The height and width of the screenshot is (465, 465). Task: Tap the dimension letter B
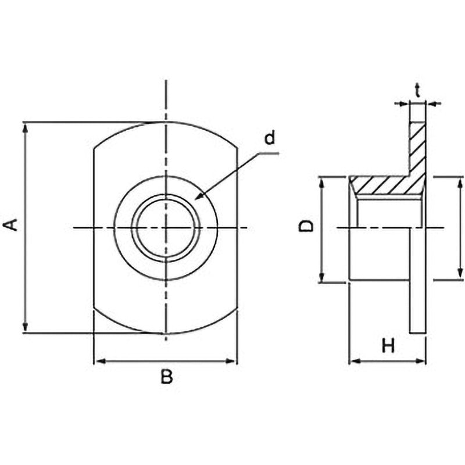167,377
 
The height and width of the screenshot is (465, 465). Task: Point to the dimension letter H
388,346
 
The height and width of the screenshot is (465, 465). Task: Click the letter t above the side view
417,91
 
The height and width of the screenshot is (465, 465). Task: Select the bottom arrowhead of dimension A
26,327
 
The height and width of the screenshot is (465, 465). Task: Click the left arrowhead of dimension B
99,361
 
